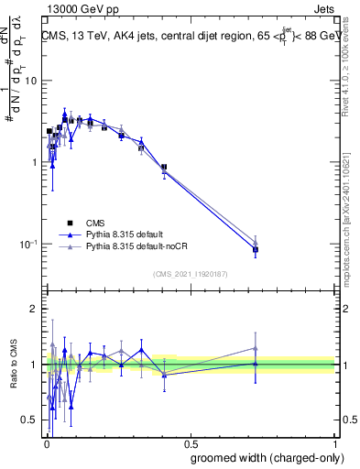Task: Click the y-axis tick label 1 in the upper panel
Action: point(34,163)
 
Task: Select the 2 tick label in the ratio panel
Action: point(34,310)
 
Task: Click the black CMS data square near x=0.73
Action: point(256,249)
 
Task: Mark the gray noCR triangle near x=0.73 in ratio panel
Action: point(256,348)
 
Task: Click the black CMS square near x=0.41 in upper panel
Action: point(163,168)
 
